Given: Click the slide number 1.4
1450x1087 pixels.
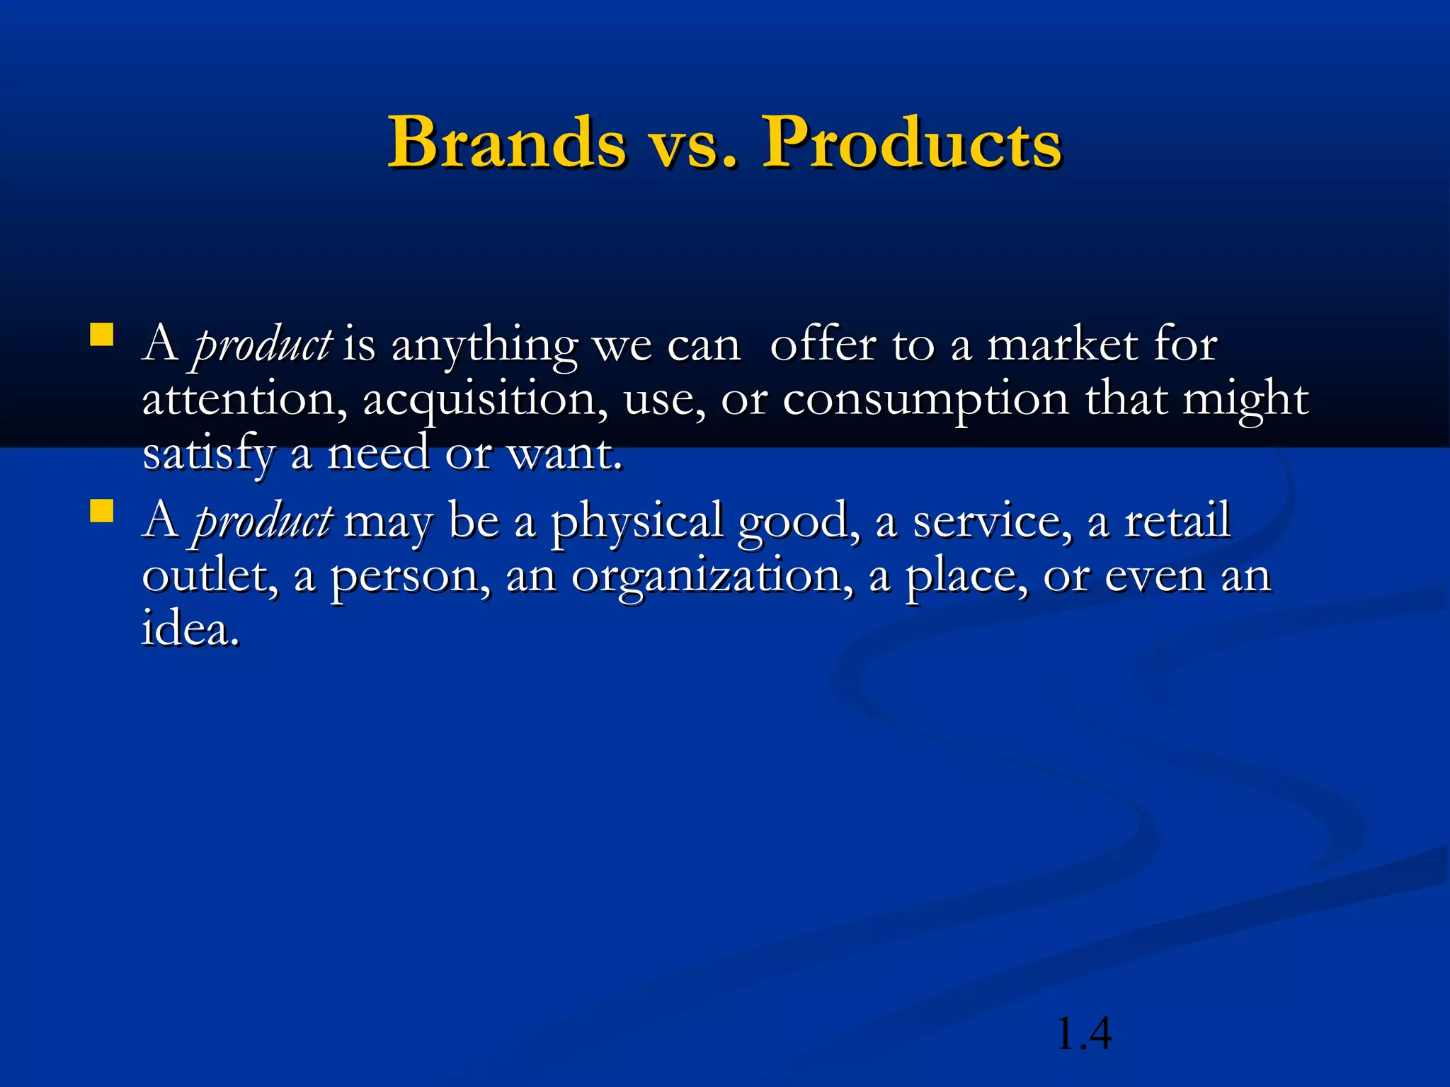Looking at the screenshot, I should coord(1083,1034).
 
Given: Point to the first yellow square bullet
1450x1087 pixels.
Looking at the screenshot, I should coord(102,335).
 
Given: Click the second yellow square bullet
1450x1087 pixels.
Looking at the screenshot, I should coord(102,510).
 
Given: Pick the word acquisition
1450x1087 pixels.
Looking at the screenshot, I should coord(485,401).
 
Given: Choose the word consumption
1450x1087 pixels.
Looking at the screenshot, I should coord(925,401).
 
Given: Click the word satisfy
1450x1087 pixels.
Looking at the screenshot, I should coord(208,455).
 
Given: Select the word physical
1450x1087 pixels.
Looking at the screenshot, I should coord(636,522).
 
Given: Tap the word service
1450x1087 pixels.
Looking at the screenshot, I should coord(992,521).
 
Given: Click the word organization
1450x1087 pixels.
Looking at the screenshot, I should coord(712,577).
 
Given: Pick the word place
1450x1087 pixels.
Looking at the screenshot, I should coord(966,577).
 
